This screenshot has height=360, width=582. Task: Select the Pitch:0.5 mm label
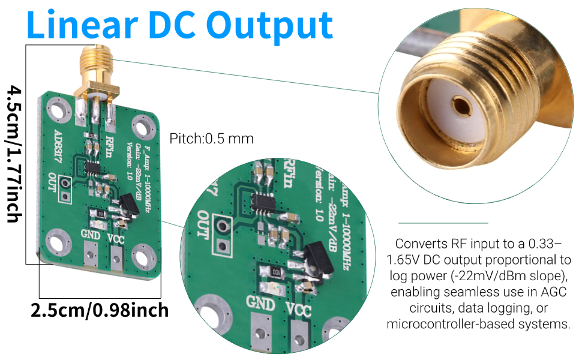coord(211,139)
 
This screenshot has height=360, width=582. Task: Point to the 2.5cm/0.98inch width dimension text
coord(100,311)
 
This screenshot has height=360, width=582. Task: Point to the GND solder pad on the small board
coord(91,252)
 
